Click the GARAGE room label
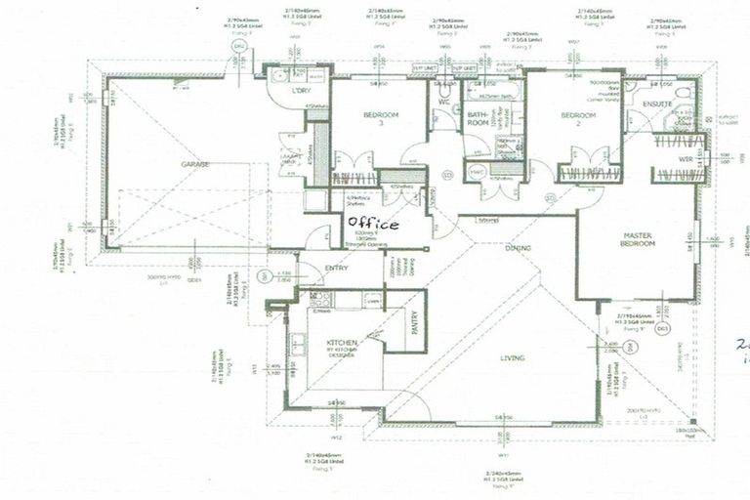(194, 165)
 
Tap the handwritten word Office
(373, 224)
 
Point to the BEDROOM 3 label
(380, 120)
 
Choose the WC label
(443, 102)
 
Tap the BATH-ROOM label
(478, 119)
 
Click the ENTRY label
(337, 269)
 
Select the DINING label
(518, 248)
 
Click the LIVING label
(512, 358)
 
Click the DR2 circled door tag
(237, 47)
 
